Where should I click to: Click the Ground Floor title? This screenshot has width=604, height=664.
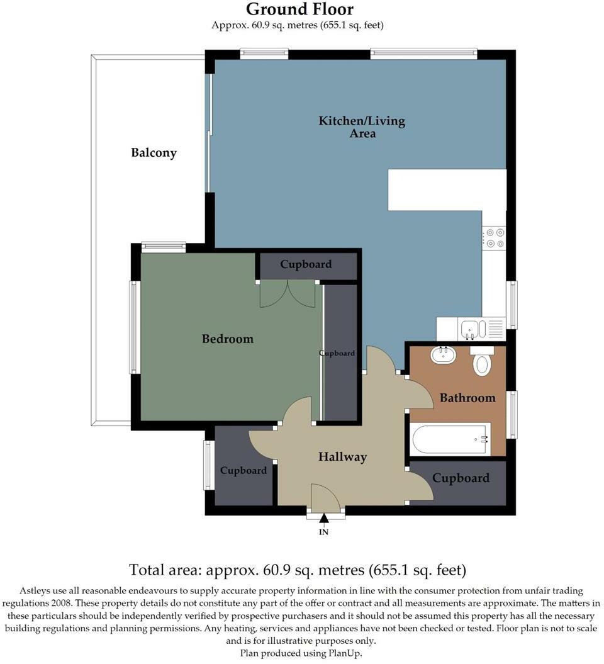[299, 9]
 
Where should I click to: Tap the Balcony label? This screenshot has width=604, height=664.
[154, 153]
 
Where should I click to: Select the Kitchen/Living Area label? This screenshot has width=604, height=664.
[362, 127]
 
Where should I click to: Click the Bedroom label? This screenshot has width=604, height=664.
[227, 339]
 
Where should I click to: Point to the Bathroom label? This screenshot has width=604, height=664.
[467, 398]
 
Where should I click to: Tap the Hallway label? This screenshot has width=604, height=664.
[342, 457]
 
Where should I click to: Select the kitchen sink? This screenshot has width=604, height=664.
[470, 329]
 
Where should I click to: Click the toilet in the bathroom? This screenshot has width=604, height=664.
[482, 361]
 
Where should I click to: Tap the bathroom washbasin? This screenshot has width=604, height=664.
[444, 355]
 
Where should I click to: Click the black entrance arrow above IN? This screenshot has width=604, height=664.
[324, 519]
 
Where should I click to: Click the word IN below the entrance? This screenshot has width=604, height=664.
[324, 532]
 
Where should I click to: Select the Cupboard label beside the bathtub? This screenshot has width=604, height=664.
[461, 478]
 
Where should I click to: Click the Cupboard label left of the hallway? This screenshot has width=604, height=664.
[243, 471]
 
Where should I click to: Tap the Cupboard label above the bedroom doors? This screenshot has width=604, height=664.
[306, 264]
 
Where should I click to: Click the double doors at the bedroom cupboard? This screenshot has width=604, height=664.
[288, 294]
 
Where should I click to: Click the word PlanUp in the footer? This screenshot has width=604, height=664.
[345, 653]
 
